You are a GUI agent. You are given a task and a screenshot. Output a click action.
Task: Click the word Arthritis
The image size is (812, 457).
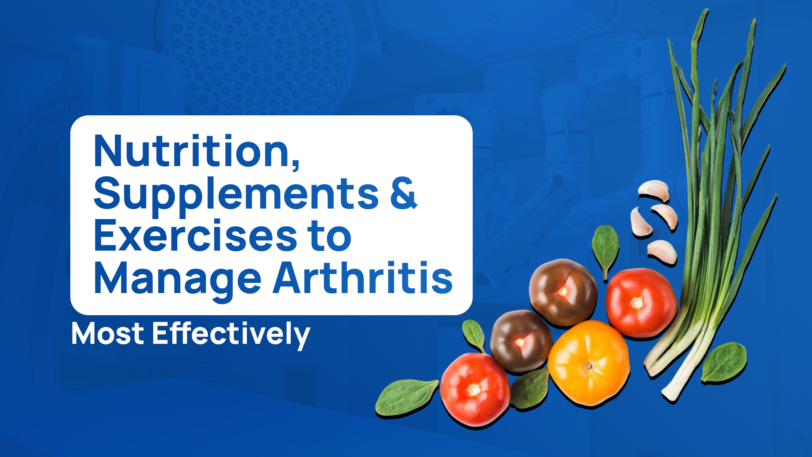coord(363,277)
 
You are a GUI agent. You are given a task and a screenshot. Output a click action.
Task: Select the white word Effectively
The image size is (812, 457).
coord(231,335)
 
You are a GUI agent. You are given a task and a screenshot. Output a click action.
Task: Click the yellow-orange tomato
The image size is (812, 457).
coord(589,363)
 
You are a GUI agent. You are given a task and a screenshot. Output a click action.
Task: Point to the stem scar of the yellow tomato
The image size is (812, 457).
coord(589,366)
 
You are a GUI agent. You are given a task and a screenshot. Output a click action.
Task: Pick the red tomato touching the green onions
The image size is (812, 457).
coord(641,302)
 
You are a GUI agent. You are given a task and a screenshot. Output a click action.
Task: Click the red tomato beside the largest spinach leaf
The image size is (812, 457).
coord(475,389)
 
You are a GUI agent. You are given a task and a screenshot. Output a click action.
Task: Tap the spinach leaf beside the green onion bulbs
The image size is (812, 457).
coord(724,362)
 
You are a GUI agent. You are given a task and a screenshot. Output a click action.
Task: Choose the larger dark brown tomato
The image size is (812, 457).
coord(563,292)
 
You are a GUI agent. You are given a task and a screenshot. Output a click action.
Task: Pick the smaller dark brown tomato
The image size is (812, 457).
coord(521,341)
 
